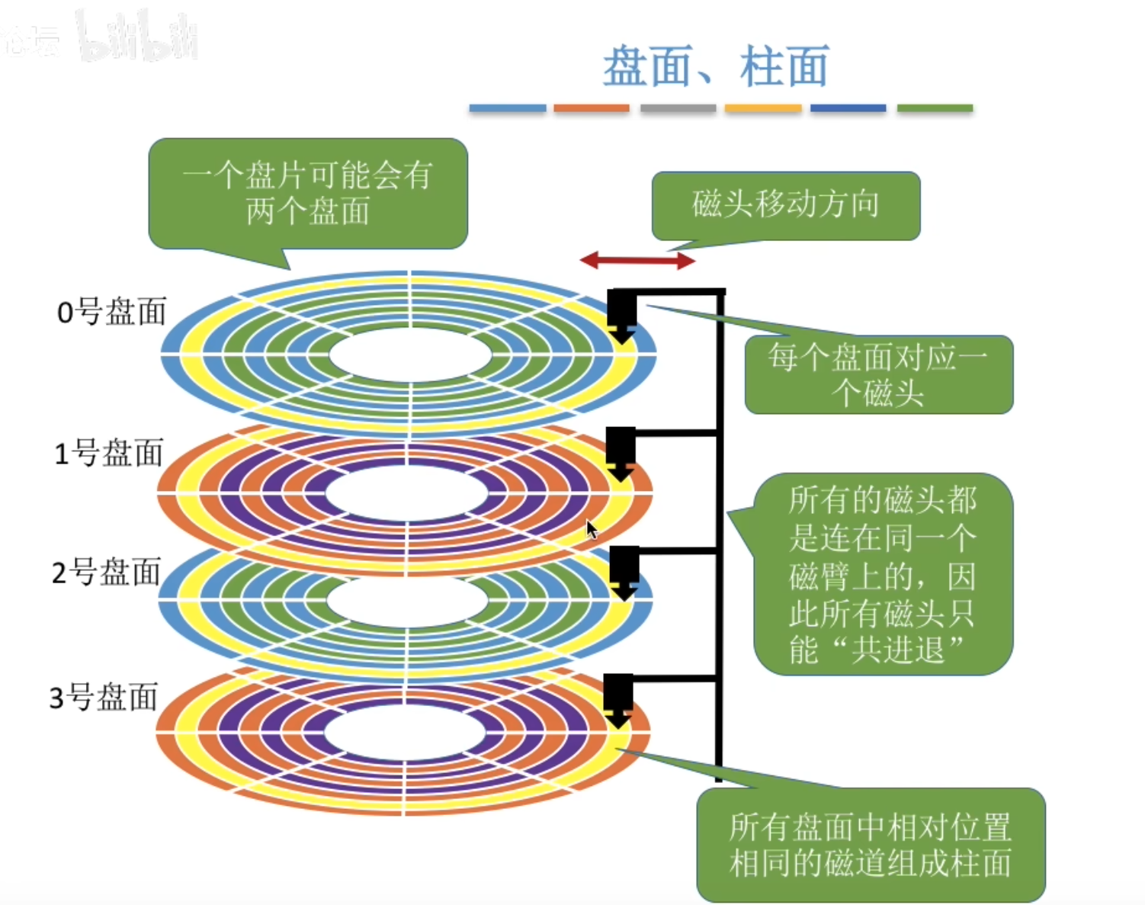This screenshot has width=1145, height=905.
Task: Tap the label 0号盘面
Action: [111, 312]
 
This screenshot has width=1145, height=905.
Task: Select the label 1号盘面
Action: [109, 453]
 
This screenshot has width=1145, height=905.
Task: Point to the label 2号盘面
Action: [107, 572]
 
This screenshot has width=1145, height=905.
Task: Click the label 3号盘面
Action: [104, 697]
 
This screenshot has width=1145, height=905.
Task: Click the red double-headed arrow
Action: [637, 261]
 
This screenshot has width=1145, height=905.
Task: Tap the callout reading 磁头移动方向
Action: [785, 204]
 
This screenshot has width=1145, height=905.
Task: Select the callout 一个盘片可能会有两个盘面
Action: [307, 194]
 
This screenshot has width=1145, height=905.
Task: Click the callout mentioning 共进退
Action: [883, 574]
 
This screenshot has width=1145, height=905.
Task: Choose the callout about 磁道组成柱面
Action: [870, 845]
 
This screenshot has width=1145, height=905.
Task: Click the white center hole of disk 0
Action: [410, 355]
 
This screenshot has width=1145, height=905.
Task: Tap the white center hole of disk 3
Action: [405, 733]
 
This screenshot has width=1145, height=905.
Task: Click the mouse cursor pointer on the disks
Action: [592, 529]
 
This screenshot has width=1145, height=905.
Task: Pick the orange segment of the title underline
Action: [592, 108]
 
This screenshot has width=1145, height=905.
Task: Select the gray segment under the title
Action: [678, 108]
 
